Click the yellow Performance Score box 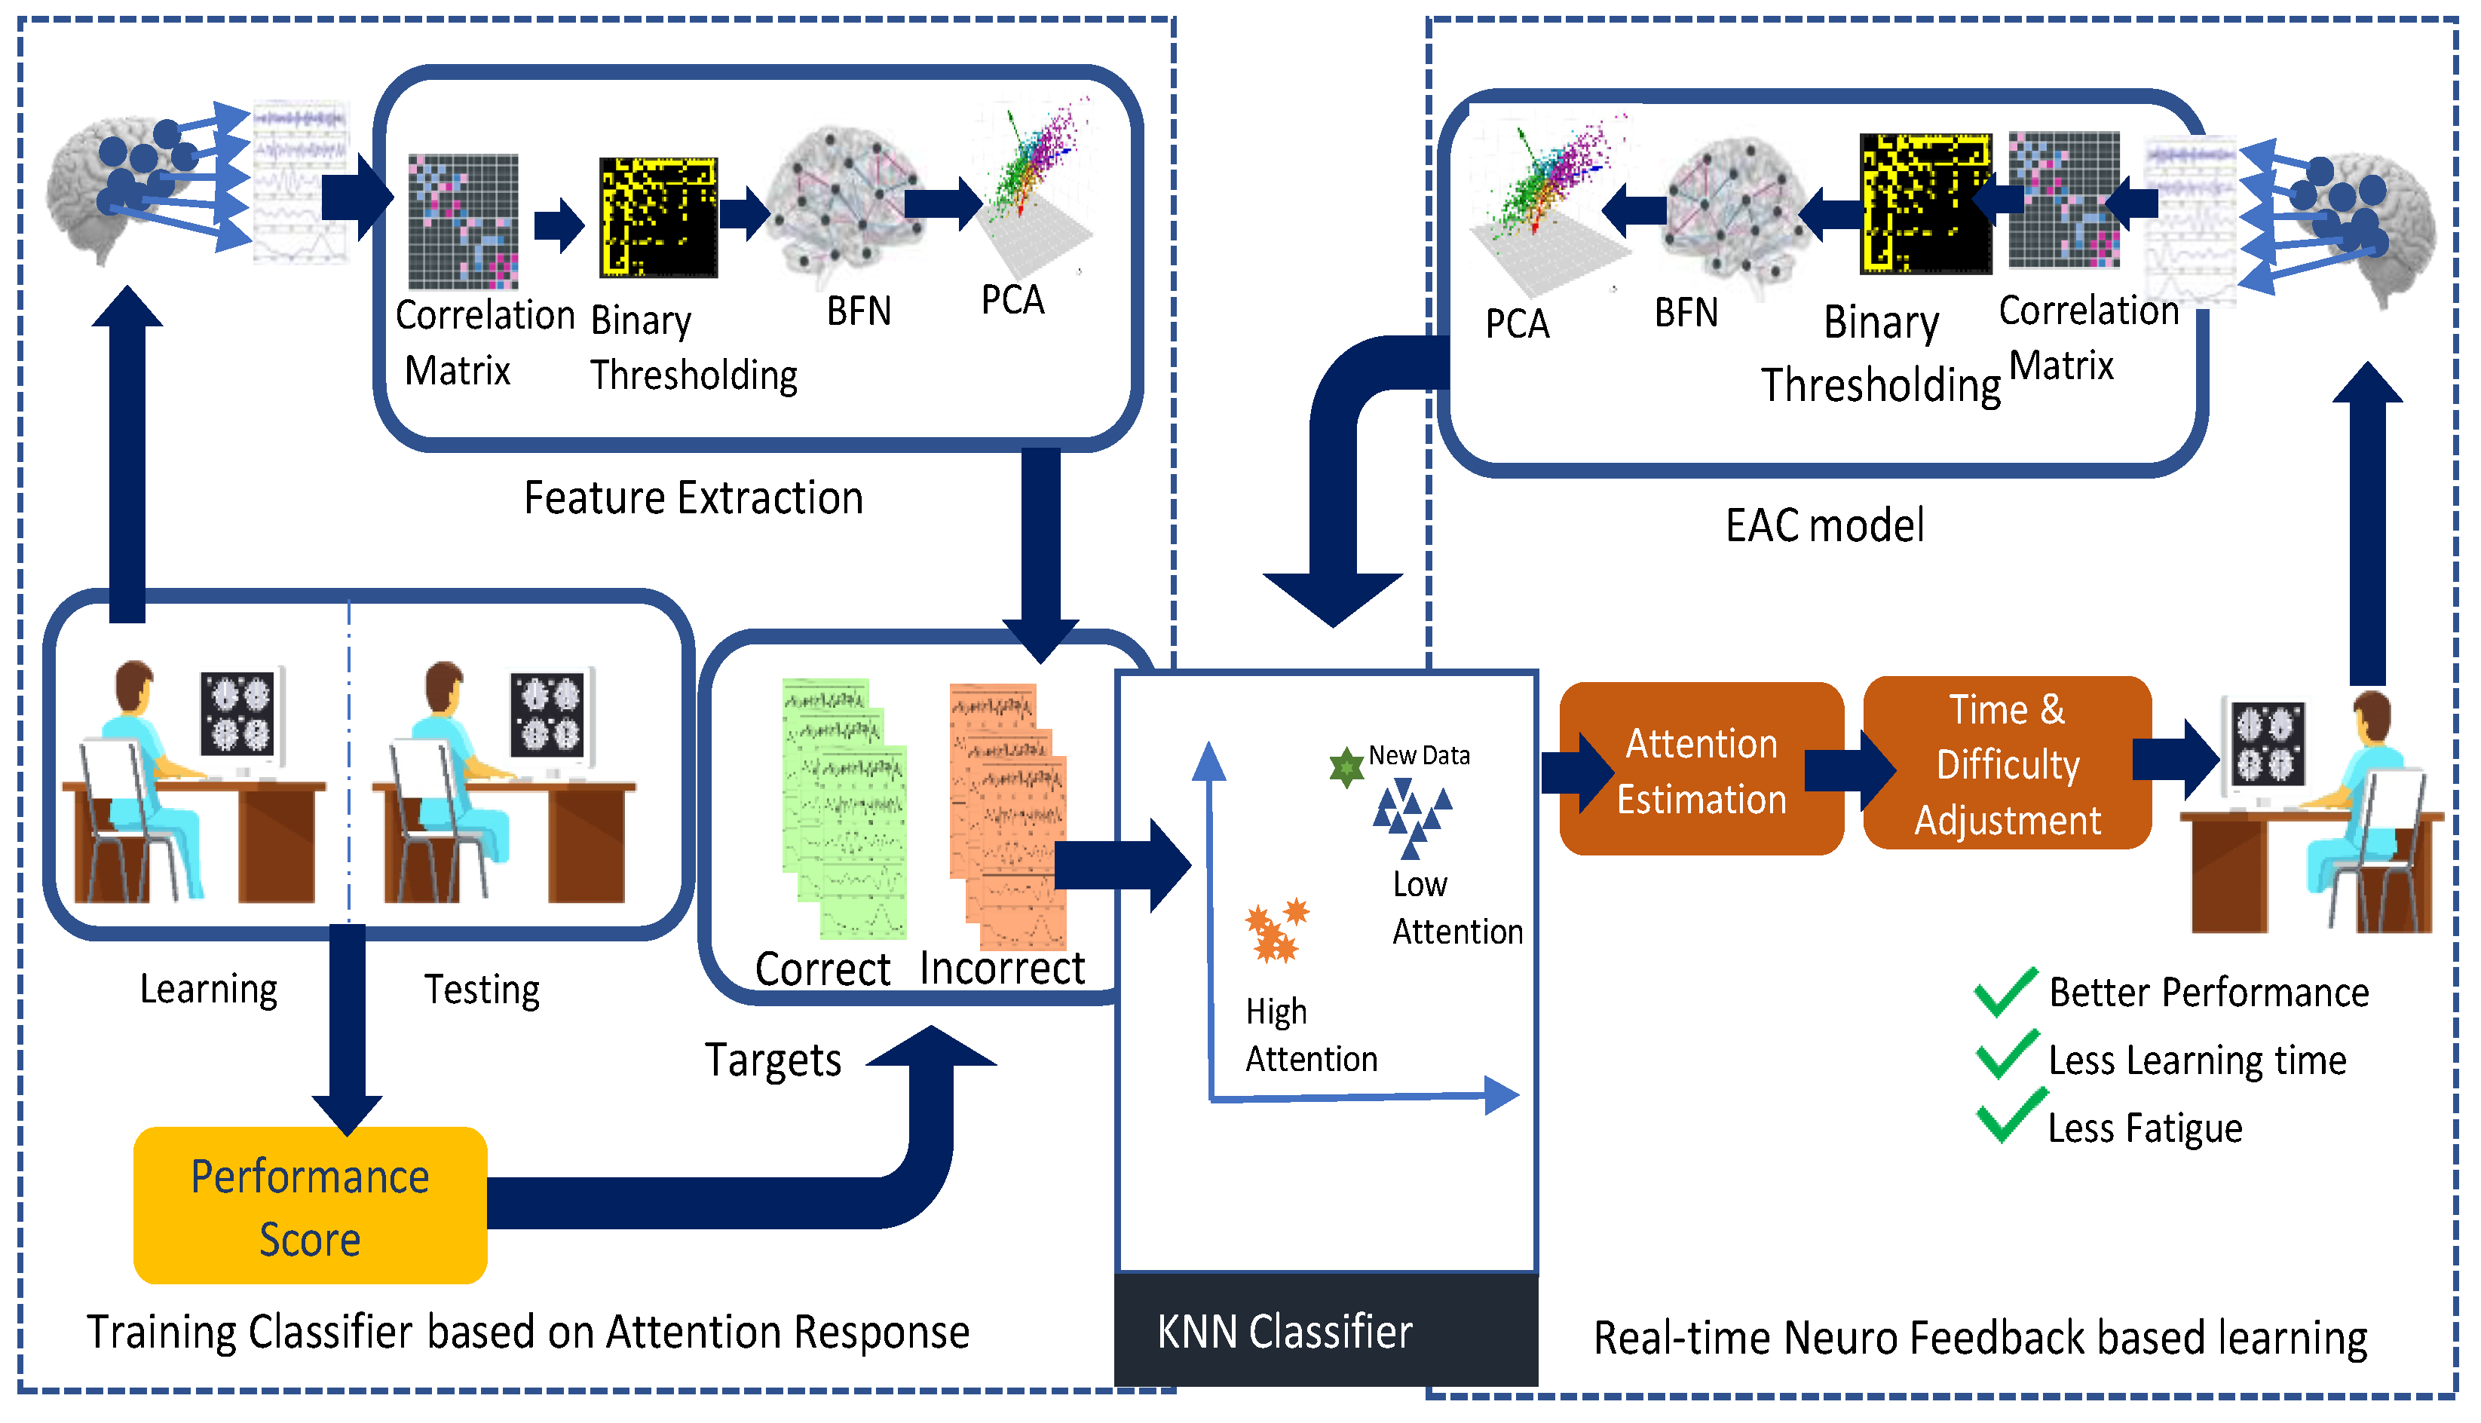point(310,1205)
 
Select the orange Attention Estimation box point(1701,770)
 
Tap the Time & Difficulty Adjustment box point(2007,764)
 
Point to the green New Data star point(1346,767)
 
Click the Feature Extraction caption point(693,498)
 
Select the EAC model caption point(1824,526)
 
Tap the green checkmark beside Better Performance point(2005,992)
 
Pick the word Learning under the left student point(208,989)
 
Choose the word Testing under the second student point(482,990)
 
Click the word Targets point(772,1060)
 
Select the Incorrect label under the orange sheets point(1002,969)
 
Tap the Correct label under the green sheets point(822,969)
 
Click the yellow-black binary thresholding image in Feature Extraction point(658,217)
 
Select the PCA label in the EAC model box point(1516,323)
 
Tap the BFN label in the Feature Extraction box point(858,311)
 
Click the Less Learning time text point(2197,1060)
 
